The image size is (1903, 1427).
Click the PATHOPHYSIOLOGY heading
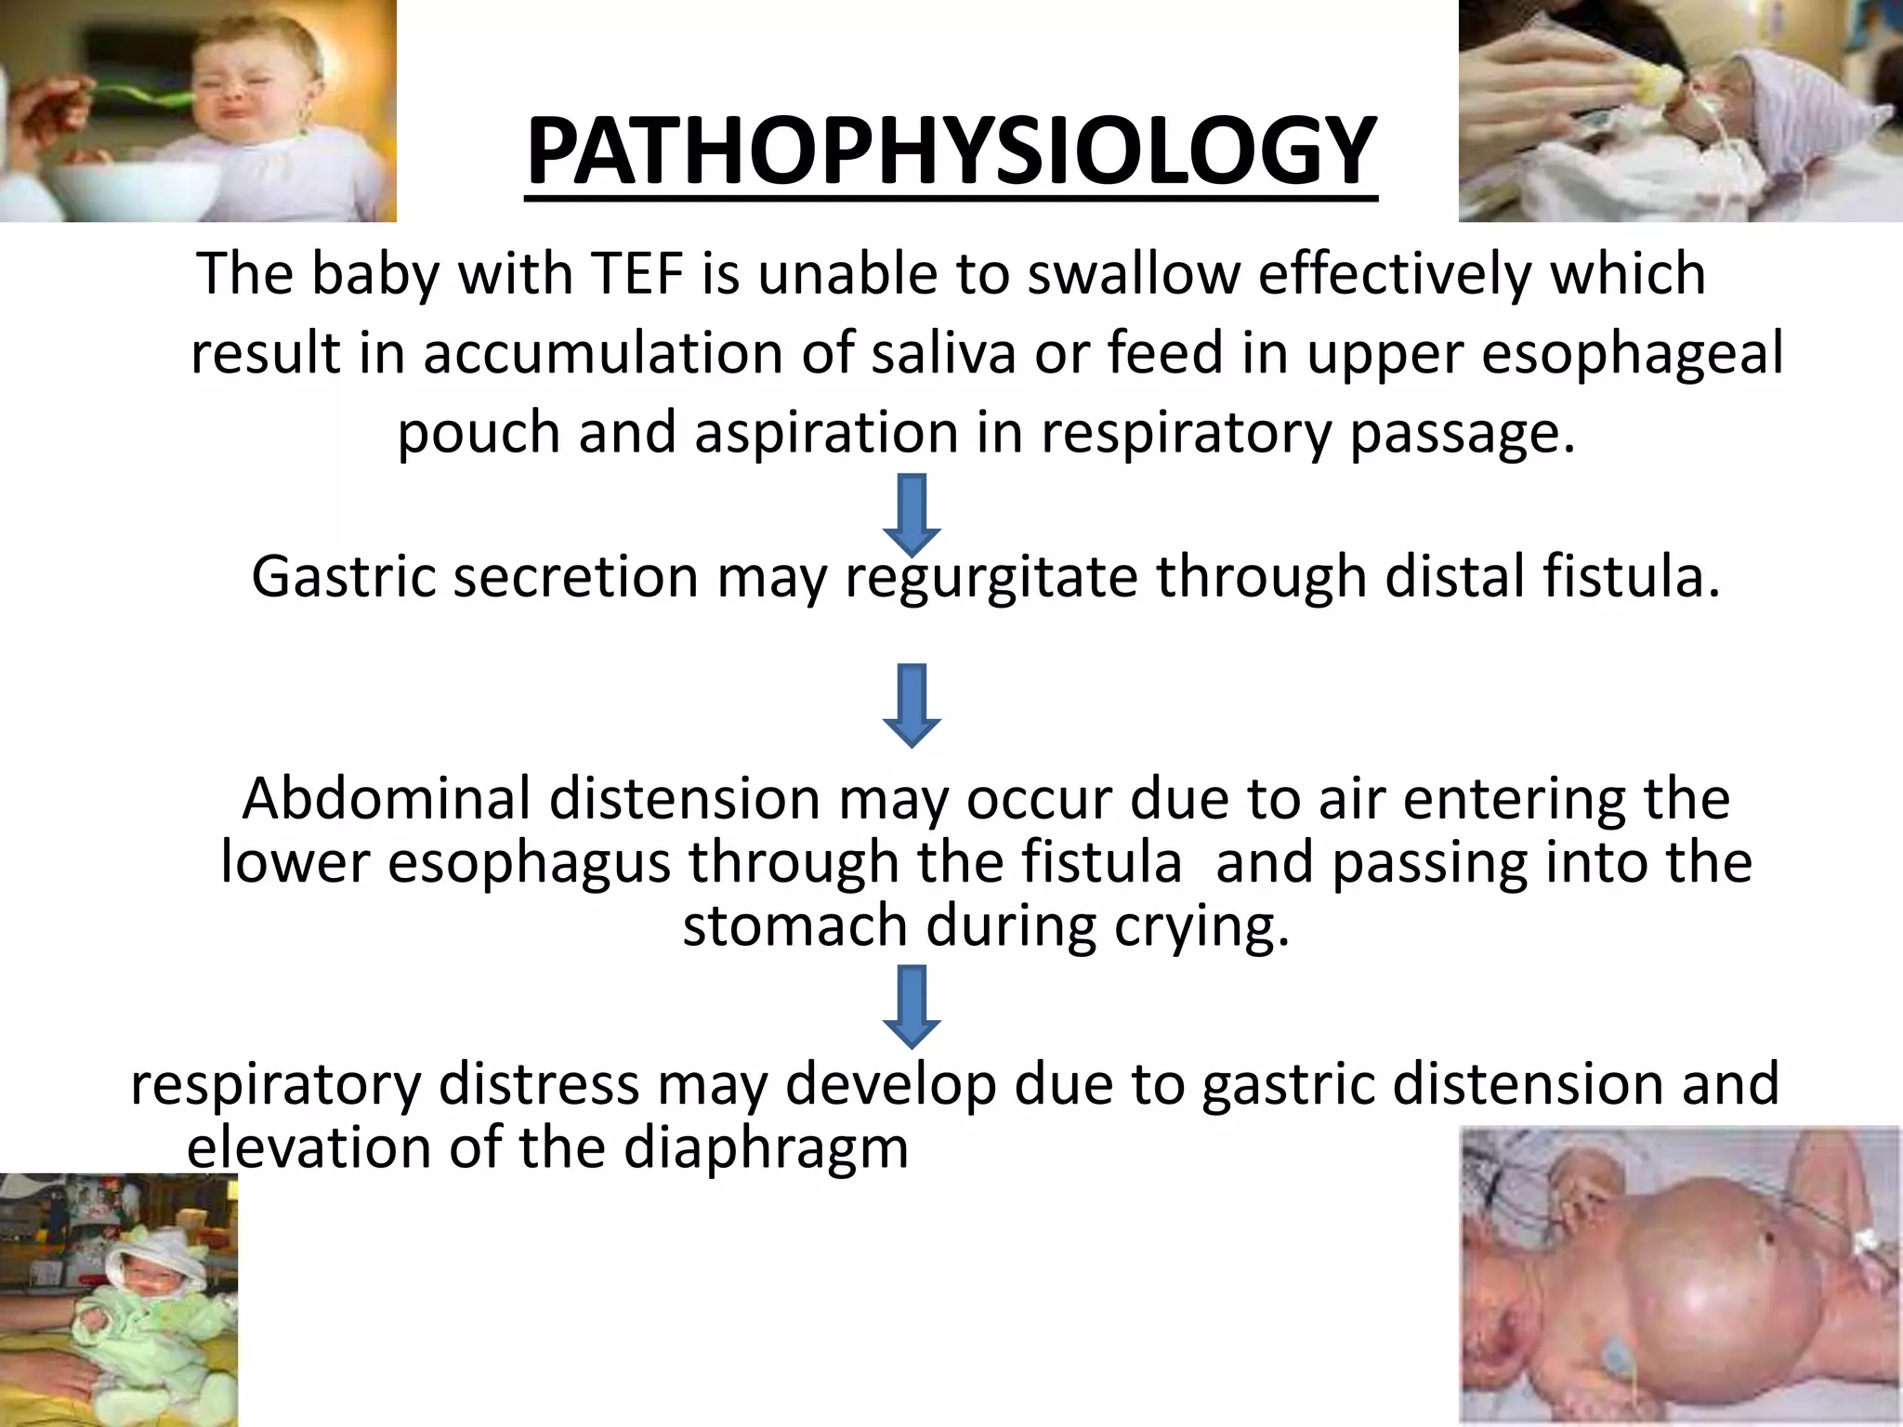pyautogui.click(x=951, y=153)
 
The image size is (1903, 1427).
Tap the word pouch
pyautogui.click(x=479, y=434)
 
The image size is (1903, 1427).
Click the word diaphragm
pyautogui.click(x=765, y=1148)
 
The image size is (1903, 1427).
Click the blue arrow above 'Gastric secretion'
pyautogui.click(x=912, y=514)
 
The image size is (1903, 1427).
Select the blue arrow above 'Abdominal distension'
pyautogui.click(x=912, y=705)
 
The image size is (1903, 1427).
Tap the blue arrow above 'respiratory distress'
pyautogui.click(x=912, y=1007)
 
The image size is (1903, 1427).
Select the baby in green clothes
pyautogui.click(x=130, y=1301)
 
